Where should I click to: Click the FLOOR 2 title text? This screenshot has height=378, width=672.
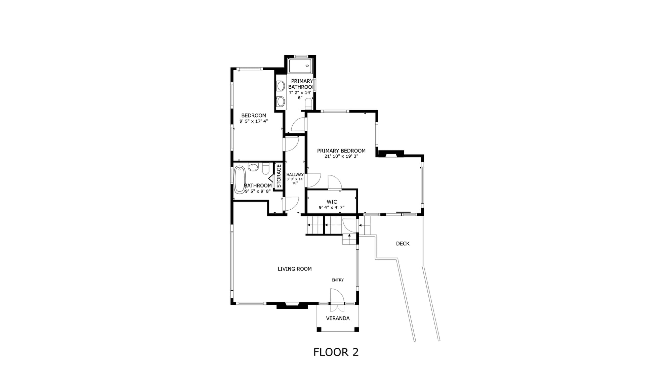pyautogui.click(x=336, y=352)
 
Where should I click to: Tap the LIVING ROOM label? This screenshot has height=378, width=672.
pyautogui.click(x=295, y=269)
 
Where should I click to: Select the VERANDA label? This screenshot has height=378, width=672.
pyautogui.click(x=338, y=318)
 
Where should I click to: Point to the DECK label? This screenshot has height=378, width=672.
pyautogui.click(x=403, y=244)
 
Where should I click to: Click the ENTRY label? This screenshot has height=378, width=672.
pyautogui.click(x=338, y=280)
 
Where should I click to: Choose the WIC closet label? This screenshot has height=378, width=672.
pyautogui.click(x=332, y=202)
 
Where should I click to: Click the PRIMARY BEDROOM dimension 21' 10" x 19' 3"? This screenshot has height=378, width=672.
pyautogui.click(x=341, y=156)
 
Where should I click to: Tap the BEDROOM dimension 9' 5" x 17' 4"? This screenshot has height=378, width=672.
pyautogui.click(x=254, y=121)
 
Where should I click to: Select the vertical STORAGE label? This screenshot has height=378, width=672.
pyautogui.click(x=279, y=176)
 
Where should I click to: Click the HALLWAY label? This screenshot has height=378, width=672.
pyautogui.click(x=295, y=175)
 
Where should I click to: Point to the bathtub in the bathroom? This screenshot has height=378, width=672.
pyautogui.click(x=240, y=180)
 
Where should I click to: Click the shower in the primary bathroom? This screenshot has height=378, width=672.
pyautogui.click(x=300, y=66)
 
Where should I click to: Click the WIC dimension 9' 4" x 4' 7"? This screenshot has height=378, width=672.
pyautogui.click(x=332, y=208)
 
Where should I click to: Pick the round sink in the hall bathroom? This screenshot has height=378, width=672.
pyautogui.click(x=253, y=167)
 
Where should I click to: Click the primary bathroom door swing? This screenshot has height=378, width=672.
pyautogui.click(x=298, y=124)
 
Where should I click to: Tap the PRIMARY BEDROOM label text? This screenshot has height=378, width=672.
pyautogui.click(x=341, y=151)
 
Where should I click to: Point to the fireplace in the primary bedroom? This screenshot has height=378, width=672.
pyautogui.click(x=390, y=154)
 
